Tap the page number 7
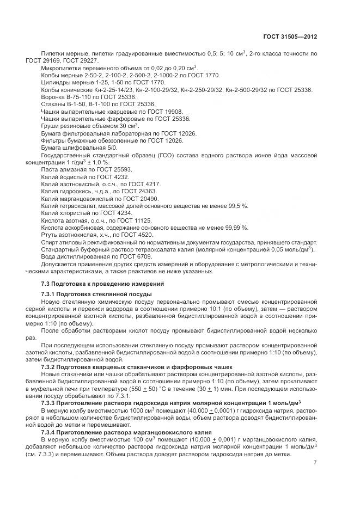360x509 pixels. click(315, 463)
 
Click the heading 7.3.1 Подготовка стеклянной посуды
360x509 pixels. click(96, 294)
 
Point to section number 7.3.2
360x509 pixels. click(51, 368)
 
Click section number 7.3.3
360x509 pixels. click(51, 402)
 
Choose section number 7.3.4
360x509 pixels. click(51, 431)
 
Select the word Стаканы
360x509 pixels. click(53, 103)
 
